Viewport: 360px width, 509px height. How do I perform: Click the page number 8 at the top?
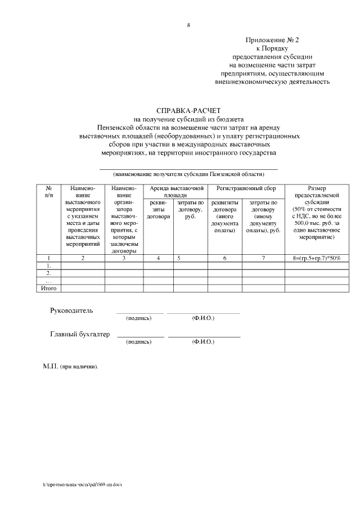pyautogui.click(x=188, y=25)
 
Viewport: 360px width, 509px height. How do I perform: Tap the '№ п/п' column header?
pyautogui.click(x=48, y=191)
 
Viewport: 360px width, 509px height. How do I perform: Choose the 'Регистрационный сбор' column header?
pyautogui.click(x=246, y=188)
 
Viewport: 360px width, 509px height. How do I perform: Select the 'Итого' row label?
pyautogui.click(x=48, y=288)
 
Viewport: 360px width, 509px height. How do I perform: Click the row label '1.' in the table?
pyautogui.click(x=48, y=265)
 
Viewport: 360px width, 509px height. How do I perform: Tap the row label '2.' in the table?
pyautogui.click(x=48, y=273)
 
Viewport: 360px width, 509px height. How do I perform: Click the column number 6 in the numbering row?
pyautogui.click(x=224, y=258)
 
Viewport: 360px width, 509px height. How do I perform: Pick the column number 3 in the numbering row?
pyautogui.click(x=124, y=258)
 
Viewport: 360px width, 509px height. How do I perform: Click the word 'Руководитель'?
pyautogui.click(x=71, y=310)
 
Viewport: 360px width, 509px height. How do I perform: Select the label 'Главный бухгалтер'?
pyautogui.click(x=80, y=335)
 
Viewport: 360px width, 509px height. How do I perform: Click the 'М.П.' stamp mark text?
pyautogui.click(x=70, y=366)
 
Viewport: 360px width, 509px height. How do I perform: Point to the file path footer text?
pyautogui.click(x=85, y=484)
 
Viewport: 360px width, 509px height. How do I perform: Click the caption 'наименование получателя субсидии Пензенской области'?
pyautogui.click(x=188, y=174)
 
